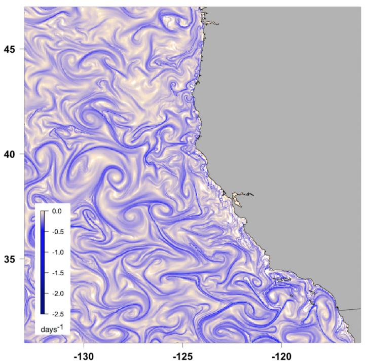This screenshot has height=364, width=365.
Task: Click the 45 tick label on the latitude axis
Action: (11, 49)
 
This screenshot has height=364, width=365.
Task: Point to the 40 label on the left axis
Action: (11, 154)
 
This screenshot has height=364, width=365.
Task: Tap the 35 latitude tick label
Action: (11, 259)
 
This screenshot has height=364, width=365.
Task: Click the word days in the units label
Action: (50, 331)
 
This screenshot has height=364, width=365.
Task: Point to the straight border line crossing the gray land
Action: (350, 309)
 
